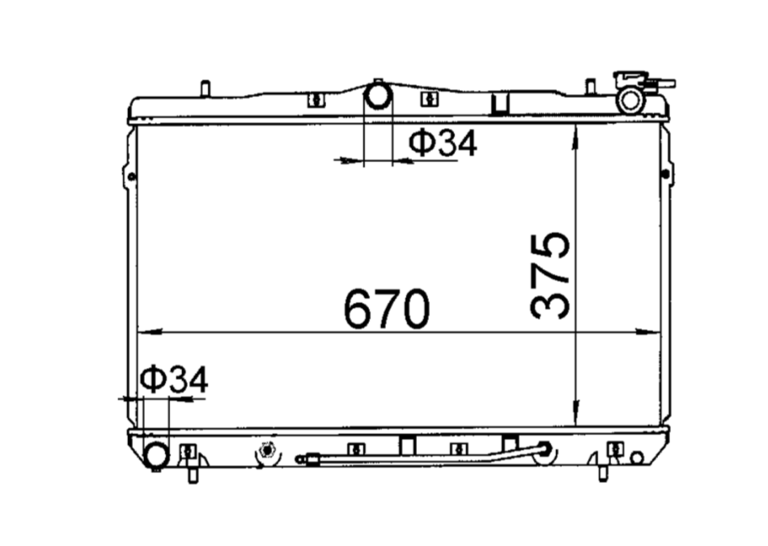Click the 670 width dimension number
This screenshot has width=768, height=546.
pos(385,309)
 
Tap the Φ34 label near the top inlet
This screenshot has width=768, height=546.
pos(442,143)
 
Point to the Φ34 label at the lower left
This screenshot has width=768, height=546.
pos(173,379)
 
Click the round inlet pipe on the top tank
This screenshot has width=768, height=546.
pos(377,96)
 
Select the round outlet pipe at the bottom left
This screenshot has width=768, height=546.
pos(156,454)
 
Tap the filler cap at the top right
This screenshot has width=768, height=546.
pos(631,99)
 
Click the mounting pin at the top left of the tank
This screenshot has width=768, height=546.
pos(205,87)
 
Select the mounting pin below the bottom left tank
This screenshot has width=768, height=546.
pos(192,472)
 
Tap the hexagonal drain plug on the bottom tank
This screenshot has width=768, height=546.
pos(266,450)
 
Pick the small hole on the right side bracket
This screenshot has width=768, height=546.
pos(666,174)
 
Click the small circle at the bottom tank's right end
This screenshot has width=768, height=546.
pos(637,457)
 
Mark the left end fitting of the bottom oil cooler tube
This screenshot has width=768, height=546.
pos(302,459)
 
